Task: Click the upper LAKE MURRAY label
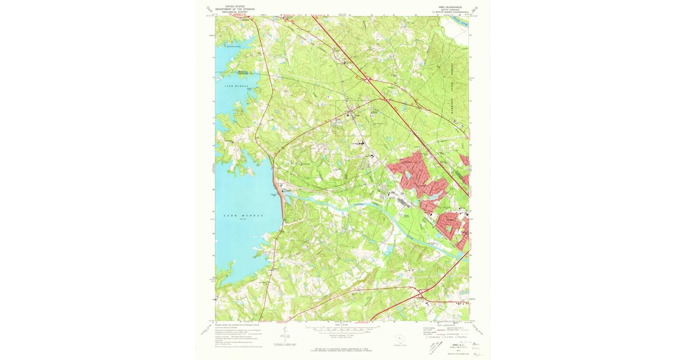224,85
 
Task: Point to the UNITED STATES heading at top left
234,5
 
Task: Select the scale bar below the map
342,330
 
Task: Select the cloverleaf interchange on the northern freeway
369,79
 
